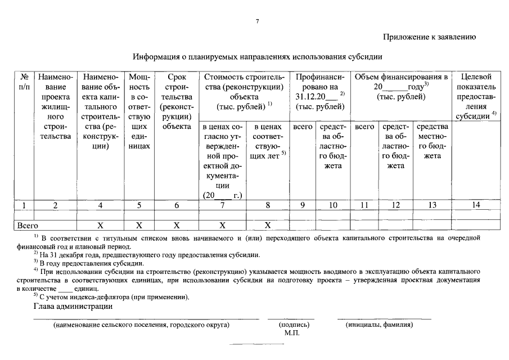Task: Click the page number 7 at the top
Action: pyautogui.click(x=257, y=21)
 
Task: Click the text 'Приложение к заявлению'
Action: pyautogui.click(x=430, y=37)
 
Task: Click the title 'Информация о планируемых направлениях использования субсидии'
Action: pyautogui.click(x=258, y=57)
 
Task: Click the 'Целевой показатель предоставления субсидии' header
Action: pyautogui.click(x=476, y=96)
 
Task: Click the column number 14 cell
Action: pyautogui.click(x=476, y=205)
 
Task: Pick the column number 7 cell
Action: pyautogui.click(x=223, y=205)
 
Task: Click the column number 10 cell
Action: pyautogui.click(x=334, y=205)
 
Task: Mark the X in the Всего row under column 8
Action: pyautogui.click(x=268, y=225)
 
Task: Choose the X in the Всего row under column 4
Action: pyautogui.click(x=100, y=225)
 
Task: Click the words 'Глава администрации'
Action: pyautogui.click(x=73, y=307)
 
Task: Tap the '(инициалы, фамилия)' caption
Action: pyautogui.click(x=380, y=325)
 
